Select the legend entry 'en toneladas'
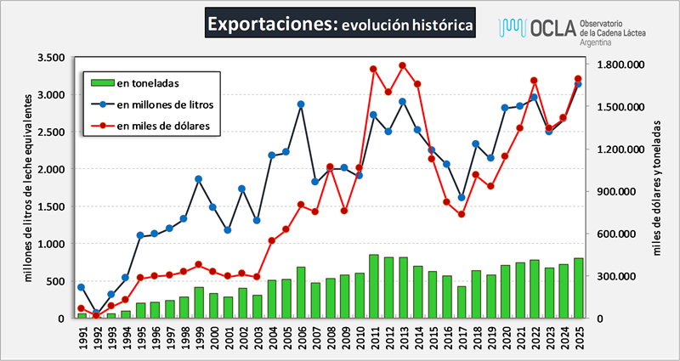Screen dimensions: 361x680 click(153, 82)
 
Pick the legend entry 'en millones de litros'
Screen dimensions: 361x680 click(164, 104)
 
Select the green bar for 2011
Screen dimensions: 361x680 click(374, 286)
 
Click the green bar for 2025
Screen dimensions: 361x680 click(578, 288)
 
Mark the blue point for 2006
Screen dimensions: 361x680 click(301, 104)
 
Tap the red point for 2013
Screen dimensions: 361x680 click(403, 65)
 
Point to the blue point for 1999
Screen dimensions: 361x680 click(199, 179)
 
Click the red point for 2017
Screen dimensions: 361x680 click(462, 214)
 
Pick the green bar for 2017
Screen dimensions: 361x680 click(462, 302)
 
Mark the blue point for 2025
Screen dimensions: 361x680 click(578, 84)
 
